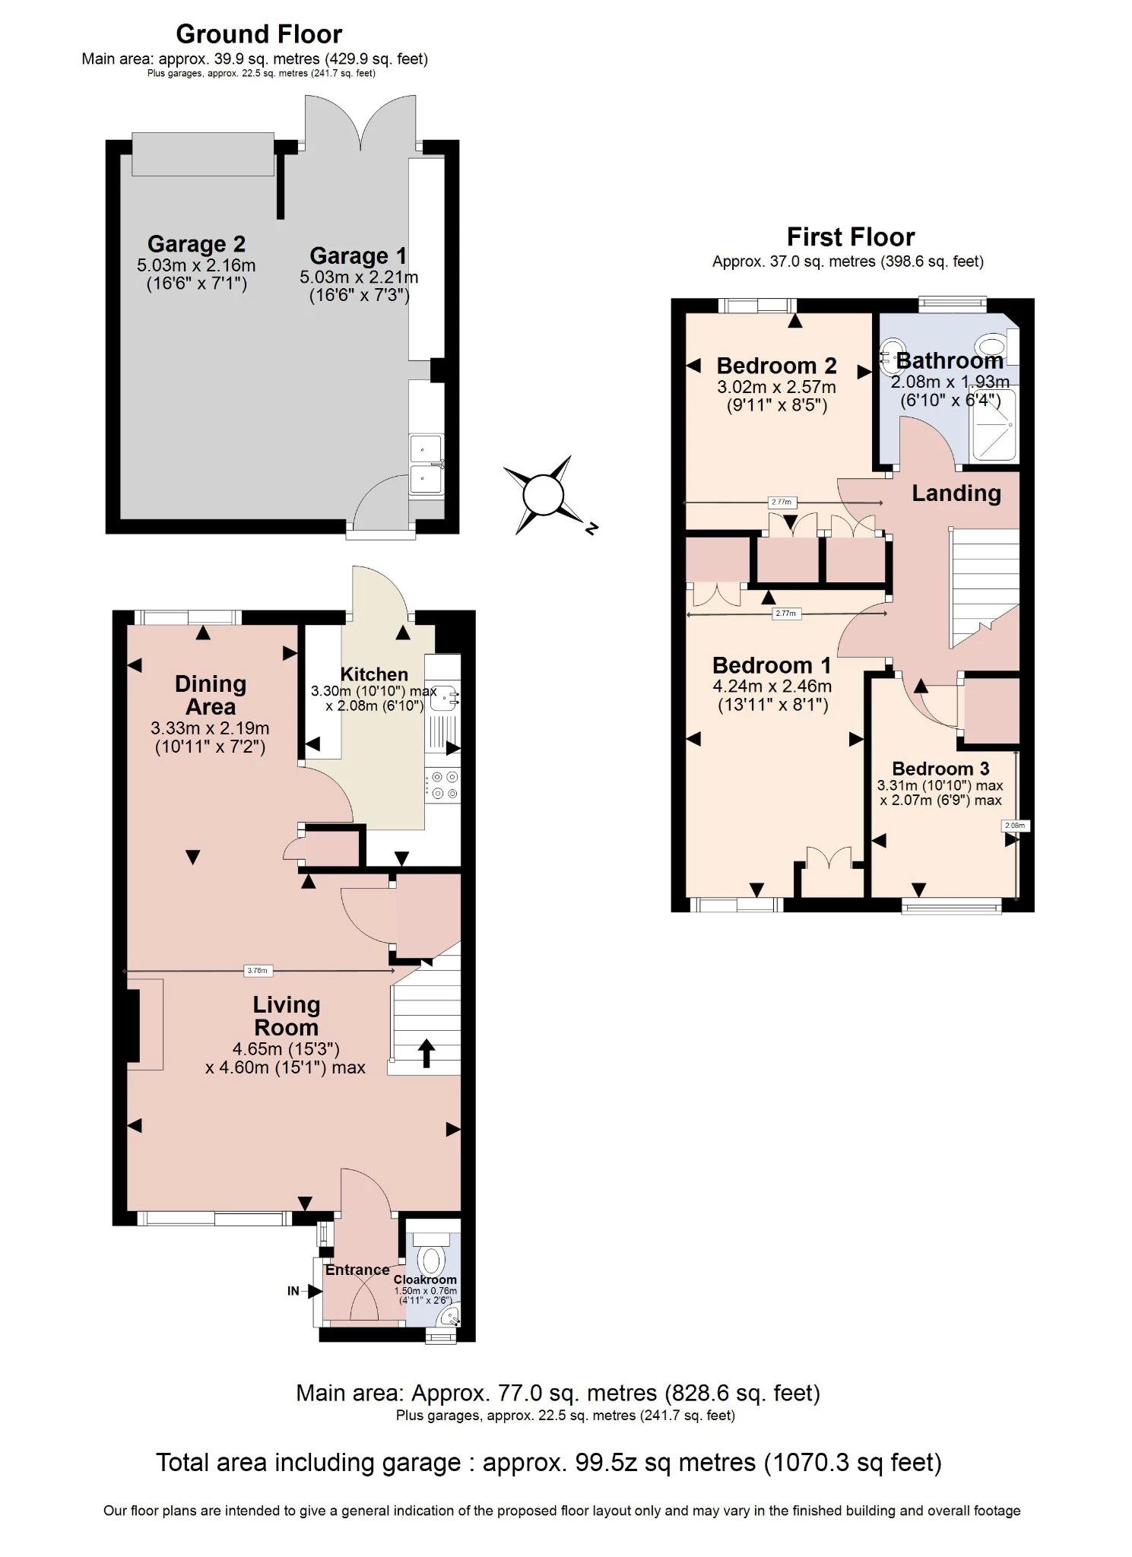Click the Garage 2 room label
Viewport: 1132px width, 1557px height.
pos(196,244)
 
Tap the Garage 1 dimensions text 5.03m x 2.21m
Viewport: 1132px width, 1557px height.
pos(359,277)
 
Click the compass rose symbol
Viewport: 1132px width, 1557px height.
pos(543,495)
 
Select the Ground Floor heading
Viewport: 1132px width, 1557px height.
pos(258,34)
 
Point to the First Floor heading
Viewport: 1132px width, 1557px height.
pos(850,237)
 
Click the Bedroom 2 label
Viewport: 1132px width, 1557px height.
pos(776,366)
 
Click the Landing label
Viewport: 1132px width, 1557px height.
pos(956,493)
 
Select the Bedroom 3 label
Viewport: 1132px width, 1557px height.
pos(940,769)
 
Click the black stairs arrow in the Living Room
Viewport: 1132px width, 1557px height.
pos(426,1053)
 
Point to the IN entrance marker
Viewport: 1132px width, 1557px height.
pos(293,1290)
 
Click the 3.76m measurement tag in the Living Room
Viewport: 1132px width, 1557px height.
pos(257,971)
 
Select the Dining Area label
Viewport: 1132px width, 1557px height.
pos(211,695)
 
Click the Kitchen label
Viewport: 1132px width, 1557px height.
pos(374,674)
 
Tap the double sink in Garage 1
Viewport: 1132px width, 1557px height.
pos(426,464)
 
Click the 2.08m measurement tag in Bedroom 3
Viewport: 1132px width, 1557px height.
pos(1015,826)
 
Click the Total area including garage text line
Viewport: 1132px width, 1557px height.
pos(548,1463)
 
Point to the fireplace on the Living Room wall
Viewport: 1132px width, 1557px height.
pos(135,1025)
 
